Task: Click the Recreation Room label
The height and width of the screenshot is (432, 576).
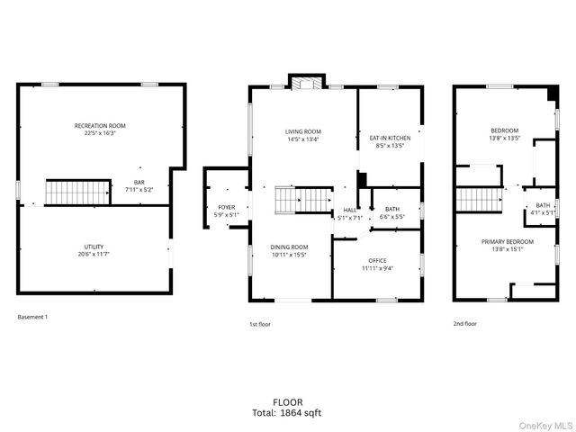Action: click(x=100, y=129)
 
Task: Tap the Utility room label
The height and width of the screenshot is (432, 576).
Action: click(x=94, y=250)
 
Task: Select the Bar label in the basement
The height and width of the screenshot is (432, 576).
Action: click(x=139, y=185)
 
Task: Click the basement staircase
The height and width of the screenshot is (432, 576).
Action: click(x=66, y=192)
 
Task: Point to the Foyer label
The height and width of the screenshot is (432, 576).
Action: click(x=226, y=211)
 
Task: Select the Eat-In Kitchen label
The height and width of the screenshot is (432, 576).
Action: click(x=390, y=141)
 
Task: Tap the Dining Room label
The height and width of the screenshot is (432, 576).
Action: click(x=290, y=250)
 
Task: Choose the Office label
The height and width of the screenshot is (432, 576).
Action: click(x=376, y=264)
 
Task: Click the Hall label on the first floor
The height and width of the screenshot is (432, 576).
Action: click(x=349, y=213)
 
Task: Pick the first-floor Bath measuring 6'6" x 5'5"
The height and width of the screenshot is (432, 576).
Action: click(x=392, y=212)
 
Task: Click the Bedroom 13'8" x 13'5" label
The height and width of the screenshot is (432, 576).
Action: click(x=504, y=134)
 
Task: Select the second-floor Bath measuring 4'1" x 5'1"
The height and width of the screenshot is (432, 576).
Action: click(x=543, y=209)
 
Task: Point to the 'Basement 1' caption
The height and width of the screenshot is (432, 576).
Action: click(x=32, y=317)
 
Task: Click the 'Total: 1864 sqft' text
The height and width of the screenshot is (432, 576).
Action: click(x=287, y=413)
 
